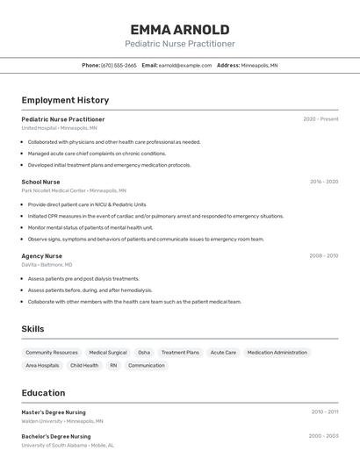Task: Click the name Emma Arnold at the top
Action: point(180,29)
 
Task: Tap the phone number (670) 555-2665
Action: point(119,65)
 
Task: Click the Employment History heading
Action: point(65,101)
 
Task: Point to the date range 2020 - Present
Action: point(320,119)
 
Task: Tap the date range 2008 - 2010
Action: point(323,256)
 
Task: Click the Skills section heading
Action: point(33,329)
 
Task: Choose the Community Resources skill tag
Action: point(52,353)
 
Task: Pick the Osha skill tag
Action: point(144,353)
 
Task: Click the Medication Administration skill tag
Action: point(277,353)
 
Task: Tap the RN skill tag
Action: point(113,366)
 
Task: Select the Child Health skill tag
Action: point(84,366)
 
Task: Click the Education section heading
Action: point(43,393)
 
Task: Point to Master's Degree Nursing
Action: point(54,411)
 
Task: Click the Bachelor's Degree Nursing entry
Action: point(56,436)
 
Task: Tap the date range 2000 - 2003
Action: point(323,436)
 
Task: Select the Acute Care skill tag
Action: point(223,353)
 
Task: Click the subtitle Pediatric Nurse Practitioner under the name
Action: point(180,44)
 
